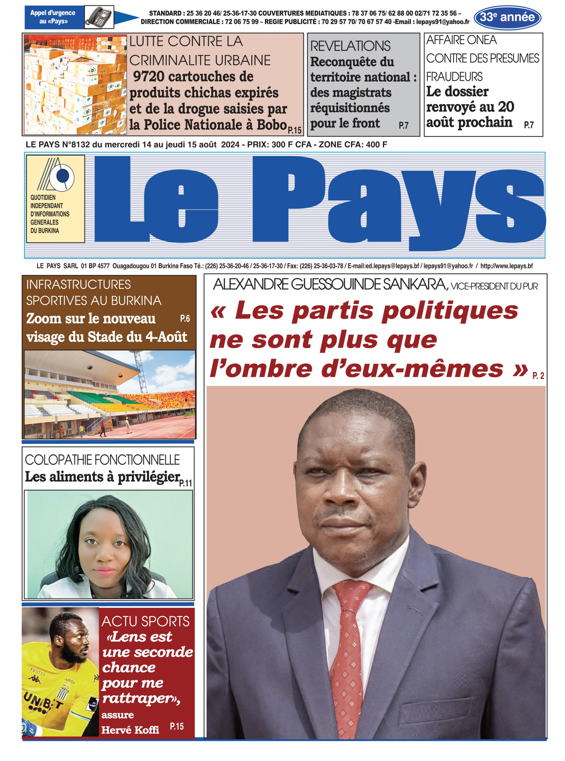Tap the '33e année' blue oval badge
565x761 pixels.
pyautogui.click(x=507, y=17)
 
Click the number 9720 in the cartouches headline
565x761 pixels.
pyautogui.click(x=149, y=77)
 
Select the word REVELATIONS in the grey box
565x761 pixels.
pyautogui.click(x=350, y=46)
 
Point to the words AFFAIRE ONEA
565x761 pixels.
pyautogui.click(x=461, y=40)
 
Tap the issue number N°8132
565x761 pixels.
pyautogui.click(x=76, y=145)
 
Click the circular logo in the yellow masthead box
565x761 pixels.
pyautogui.click(x=62, y=177)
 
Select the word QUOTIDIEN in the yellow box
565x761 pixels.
pyautogui.click(x=43, y=197)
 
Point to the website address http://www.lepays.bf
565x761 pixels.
pyautogui.click(x=506, y=266)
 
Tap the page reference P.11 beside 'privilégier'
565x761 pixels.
pyautogui.click(x=186, y=483)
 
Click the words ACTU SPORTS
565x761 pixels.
pyautogui.click(x=145, y=621)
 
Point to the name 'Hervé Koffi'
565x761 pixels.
pyautogui.click(x=130, y=730)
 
